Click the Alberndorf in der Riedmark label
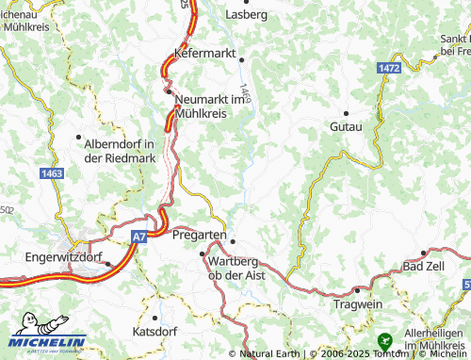[119, 151]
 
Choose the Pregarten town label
[198, 237]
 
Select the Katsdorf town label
[156, 333]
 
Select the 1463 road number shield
[53, 174]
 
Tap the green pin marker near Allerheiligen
[384, 339]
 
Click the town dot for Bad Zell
[425, 254]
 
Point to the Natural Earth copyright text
[272, 353]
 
